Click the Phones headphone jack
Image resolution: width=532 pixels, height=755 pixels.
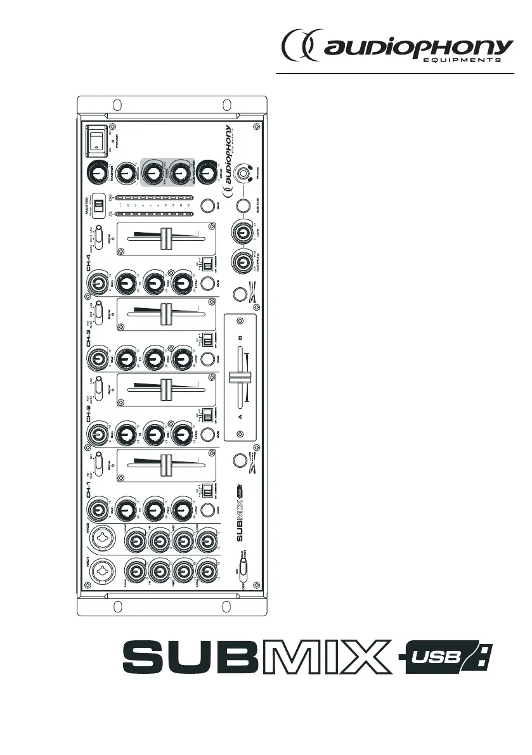click(242, 172)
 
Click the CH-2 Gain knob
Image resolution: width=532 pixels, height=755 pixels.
click(98, 434)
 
